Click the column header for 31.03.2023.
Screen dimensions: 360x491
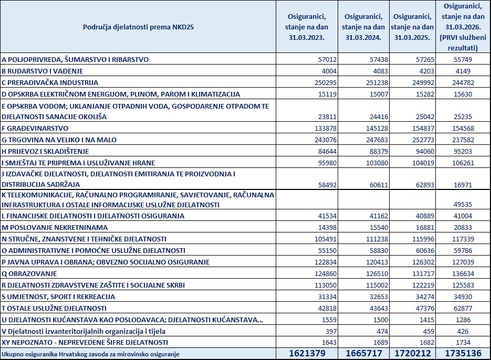(305, 26)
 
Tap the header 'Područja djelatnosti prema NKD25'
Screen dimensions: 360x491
(139, 26)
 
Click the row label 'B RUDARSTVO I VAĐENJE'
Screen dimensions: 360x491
(43, 71)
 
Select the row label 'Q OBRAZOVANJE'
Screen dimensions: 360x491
(29, 273)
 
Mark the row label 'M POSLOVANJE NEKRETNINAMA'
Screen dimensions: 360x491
(54, 227)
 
